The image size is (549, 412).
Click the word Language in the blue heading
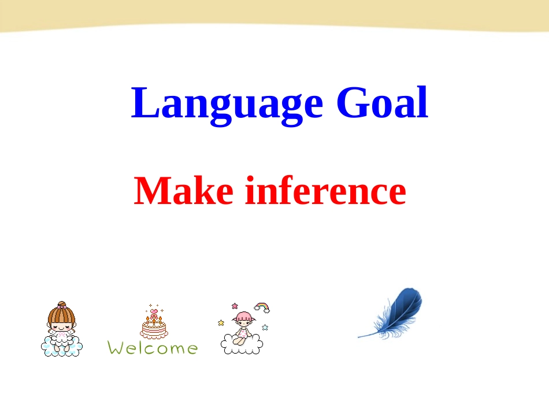coord(227,105)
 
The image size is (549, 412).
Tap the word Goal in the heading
coord(382,102)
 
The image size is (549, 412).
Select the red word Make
coord(183,191)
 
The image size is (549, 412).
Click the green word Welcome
coord(153,348)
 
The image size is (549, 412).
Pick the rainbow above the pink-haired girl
coord(262,307)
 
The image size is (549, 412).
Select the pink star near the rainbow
coord(235,306)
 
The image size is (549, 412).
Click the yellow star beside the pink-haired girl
coord(221,323)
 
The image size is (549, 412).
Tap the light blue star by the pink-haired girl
coord(265,327)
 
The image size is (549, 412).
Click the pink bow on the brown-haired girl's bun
coord(62,307)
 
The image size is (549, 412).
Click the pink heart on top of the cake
coord(154,311)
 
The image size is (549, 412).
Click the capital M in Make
coord(151,191)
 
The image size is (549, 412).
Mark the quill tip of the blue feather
coord(358,337)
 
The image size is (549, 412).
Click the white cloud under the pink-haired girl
coord(242,346)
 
